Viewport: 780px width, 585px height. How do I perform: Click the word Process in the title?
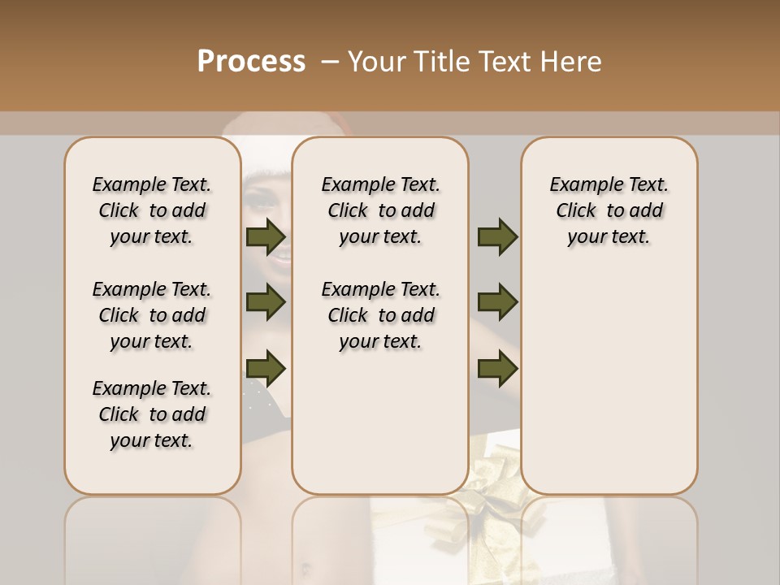click(x=251, y=62)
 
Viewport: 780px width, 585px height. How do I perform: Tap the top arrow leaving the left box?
click(x=266, y=237)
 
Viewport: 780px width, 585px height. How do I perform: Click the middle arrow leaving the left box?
click(x=266, y=302)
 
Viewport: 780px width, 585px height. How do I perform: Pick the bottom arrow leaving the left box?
click(x=266, y=368)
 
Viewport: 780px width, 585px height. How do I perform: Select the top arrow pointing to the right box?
click(x=497, y=237)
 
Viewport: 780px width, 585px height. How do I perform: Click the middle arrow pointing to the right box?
click(x=497, y=302)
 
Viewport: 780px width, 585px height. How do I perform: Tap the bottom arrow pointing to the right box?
click(x=497, y=368)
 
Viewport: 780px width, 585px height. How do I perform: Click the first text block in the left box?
click(x=152, y=210)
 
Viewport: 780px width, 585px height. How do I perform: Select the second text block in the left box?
click(x=152, y=315)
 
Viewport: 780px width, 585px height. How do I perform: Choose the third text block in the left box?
click(x=152, y=414)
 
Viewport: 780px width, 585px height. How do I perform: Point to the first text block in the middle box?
click(x=380, y=210)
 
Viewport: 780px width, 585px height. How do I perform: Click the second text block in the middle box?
click(x=380, y=315)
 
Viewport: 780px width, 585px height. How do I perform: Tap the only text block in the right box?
click(x=609, y=210)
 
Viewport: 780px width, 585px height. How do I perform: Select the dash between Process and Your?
click(x=329, y=62)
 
